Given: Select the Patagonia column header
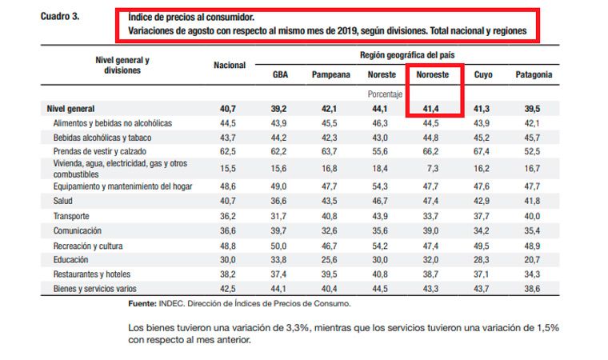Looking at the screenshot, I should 534,74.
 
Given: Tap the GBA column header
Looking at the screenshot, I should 279,74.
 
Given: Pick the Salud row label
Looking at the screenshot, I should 63,202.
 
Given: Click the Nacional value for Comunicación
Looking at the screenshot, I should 229,230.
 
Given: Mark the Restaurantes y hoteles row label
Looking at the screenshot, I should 93,273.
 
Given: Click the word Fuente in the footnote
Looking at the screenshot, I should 142,304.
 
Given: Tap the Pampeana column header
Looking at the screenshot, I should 330,74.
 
